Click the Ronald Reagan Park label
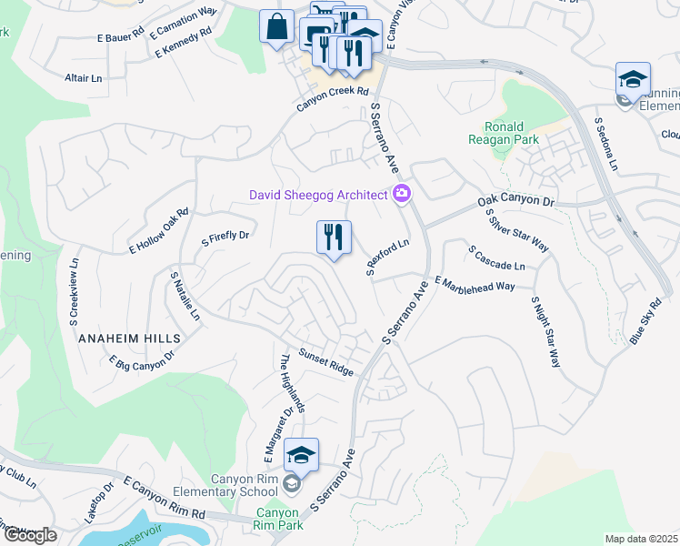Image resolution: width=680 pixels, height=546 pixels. point(503,133)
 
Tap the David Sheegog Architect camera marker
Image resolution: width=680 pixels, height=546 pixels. point(402,194)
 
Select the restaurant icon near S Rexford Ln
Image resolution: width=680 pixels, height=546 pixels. point(334,238)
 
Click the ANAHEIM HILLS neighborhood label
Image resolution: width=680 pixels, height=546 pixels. point(129,338)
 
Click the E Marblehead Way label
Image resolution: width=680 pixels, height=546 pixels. point(475,284)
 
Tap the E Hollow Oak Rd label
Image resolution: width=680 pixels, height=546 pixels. point(158,230)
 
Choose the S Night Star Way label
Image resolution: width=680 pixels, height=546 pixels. point(544,331)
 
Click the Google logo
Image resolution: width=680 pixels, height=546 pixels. point(29,535)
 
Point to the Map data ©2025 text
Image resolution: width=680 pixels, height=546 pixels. point(641,539)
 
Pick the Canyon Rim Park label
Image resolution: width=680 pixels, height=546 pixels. point(277,520)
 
